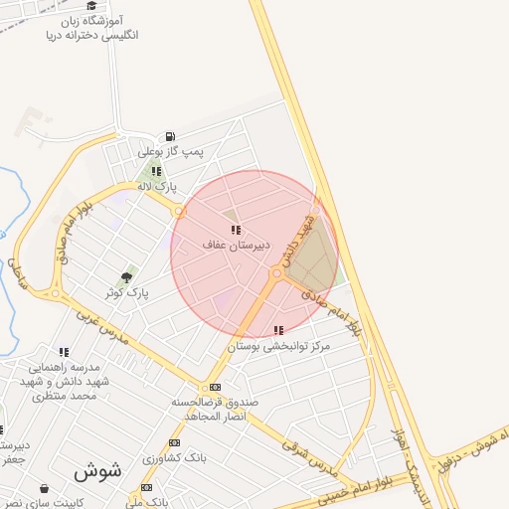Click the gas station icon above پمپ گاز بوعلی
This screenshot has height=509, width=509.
click(170, 137)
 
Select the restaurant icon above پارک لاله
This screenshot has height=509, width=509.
click(156, 171)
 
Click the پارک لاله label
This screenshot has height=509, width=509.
click(155, 186)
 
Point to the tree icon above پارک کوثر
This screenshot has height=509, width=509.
click(126, 277)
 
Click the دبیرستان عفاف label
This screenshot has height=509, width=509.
click(232, 245)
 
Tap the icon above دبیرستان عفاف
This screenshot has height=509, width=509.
click(236, 230)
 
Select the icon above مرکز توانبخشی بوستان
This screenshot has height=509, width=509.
click(278, 330)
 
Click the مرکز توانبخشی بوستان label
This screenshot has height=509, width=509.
click(278, 346)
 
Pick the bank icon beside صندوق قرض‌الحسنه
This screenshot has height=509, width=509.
click(215, 387)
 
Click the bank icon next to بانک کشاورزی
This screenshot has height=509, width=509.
click(175, 443)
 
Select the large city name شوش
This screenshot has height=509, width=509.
click(96, 470)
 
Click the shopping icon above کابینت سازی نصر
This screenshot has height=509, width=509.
click(44, 488)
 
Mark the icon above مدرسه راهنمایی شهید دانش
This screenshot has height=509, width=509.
click(64, 352)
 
